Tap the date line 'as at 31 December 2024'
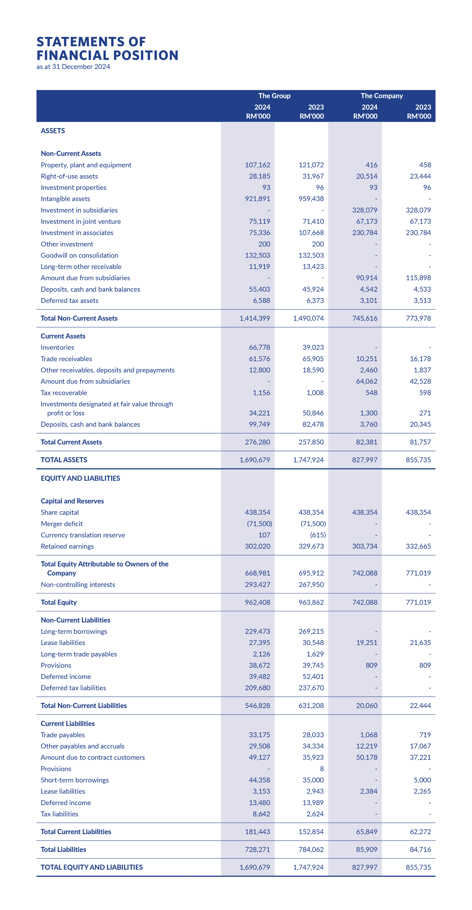click(x=73, y=67)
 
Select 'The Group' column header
click(x=274, y=96)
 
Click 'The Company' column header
click(x=382, y=96)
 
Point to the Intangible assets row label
click(x=65, y=199)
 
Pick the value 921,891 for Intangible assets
click(x=257, y=199)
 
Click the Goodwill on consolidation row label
click(x=80, y=255)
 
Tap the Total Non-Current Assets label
click(x=79, y=318)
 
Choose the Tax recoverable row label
click(x=64, y=393)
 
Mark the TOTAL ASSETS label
click(x=64, y=460)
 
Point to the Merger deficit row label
click(x=62, y=524)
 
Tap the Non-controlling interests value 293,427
click(x=257, y=585)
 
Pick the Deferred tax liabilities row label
click(x=74, y=688)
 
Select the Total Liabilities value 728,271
click(x=257, y=850)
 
